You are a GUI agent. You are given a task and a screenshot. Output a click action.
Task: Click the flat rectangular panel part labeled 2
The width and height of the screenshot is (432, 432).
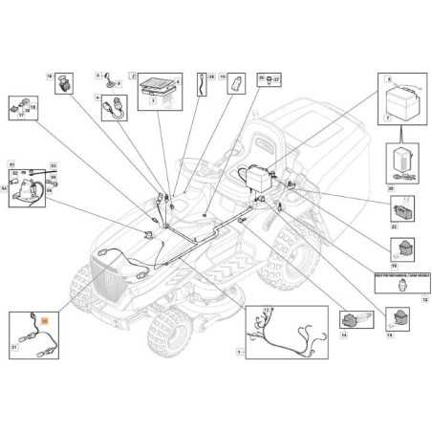pyautogui.click(x=156, y=88)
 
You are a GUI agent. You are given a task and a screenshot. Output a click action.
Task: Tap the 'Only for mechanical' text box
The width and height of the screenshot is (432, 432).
pyautogui.click(x=400, y=274)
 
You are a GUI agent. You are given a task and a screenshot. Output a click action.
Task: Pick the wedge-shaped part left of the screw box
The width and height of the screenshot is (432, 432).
pyautogui.click(x=234, y=84)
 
